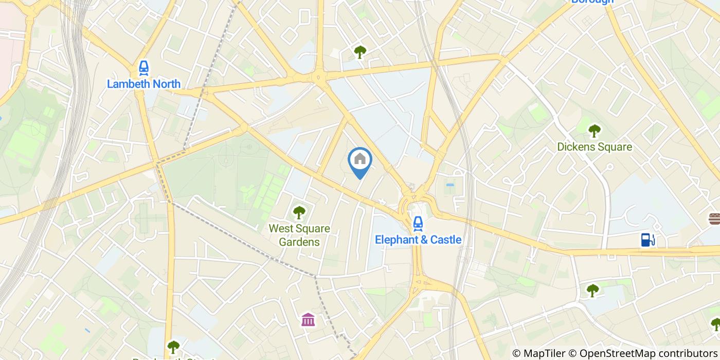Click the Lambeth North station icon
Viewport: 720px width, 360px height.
pos(143,67)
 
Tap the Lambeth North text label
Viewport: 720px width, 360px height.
pos(143,83)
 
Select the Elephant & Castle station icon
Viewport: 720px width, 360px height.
pos(418,223)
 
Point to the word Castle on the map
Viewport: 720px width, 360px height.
pos(446,240)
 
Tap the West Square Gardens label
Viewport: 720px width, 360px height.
pos(299,235)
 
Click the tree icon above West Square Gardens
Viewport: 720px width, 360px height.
pos(299,212)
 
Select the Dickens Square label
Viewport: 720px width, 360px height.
pos(595,147)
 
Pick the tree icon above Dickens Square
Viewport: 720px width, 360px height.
pos(595,131)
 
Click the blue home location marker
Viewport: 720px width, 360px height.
pos(360,160)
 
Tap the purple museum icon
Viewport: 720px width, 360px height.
pos(308,319)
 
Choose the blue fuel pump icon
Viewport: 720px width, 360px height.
pos(648,239)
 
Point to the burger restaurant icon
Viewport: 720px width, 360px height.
pos(714,219)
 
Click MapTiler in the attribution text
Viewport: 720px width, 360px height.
pos(546,353)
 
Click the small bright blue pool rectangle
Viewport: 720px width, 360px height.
pos(451,185)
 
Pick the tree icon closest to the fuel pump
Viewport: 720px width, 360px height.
pos(593,290)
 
